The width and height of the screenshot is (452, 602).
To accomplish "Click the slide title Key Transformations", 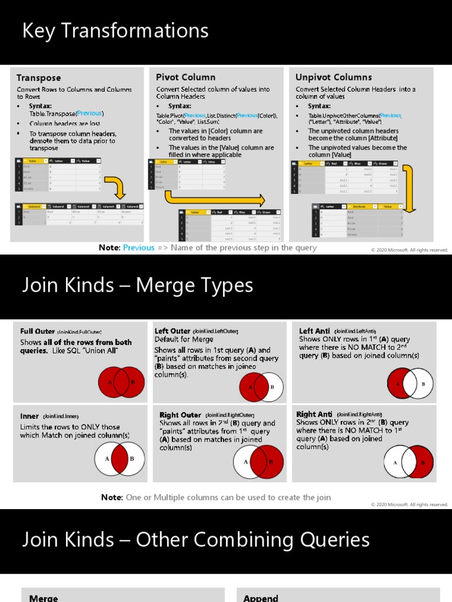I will click(115, 31).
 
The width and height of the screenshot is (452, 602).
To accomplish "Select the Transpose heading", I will click(38, 78).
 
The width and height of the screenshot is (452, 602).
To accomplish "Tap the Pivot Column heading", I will click(185, 77).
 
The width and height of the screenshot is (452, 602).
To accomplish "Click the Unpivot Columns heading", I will click(334, 77).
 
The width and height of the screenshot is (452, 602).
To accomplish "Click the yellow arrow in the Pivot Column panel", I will click(214, 198).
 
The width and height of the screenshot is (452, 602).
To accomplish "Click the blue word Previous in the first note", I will click(139, 248).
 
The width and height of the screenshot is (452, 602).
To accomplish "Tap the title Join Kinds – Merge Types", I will click(138, 285).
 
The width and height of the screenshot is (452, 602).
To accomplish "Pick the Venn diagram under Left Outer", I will click(261, 387).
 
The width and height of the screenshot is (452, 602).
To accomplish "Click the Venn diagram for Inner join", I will click(119, 459).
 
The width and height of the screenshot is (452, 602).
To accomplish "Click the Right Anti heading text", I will click(314, 414).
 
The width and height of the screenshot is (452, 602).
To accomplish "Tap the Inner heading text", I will click(29, 416).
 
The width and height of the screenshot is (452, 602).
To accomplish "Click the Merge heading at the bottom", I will click(44, 598).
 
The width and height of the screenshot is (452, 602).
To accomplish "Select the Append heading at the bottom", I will click(260, 598).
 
